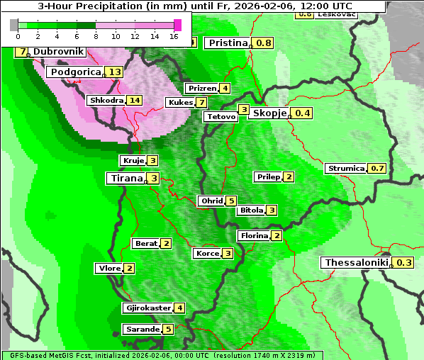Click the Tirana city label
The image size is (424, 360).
(x=125, y=179)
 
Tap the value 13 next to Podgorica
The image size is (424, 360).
(x=115, y=72)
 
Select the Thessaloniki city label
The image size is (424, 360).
(x=357, y=263)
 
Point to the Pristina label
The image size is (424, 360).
(x=228, y=43)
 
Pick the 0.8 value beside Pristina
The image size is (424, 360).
(x=264, y=43)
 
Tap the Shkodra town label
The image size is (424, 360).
(x=106, y=101)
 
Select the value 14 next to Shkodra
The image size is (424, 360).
(x=134, y=101)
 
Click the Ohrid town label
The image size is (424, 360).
(x=211, y=201)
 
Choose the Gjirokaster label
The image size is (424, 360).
(x=147, y=308)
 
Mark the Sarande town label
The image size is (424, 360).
(x=142, y=330)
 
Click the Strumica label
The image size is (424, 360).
(x=346, y=169)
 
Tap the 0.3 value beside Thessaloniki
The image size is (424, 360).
(x=403, y=263)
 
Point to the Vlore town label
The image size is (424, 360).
(x=108, y=269)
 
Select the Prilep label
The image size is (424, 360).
(x=268, y=176)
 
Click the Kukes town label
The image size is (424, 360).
(x=180, y=103)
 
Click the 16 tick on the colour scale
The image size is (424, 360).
(x=174, y=35)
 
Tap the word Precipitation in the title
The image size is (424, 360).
(x=129, y=6)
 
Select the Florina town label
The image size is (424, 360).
(x=254, y=235)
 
